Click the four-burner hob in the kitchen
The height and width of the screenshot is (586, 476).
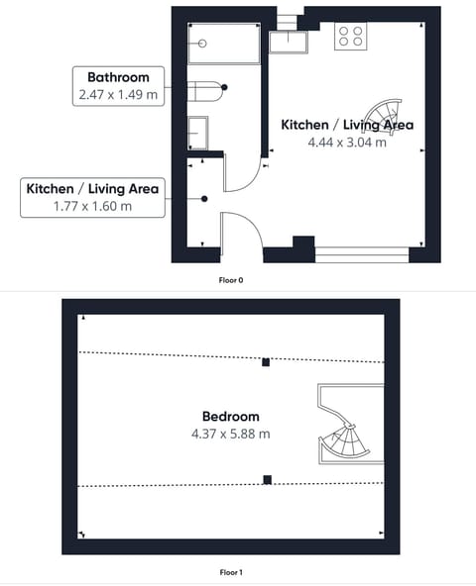(x=351, y=36)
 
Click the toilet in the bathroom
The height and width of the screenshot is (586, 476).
(x=206, y=89)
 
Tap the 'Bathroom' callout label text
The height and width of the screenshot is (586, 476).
(x=118, y=76)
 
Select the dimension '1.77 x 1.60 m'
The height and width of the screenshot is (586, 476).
(x=92, y=206)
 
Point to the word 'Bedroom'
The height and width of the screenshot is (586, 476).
(x=230, y=417)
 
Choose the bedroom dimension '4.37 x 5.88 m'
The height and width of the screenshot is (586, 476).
(x=230, y=434)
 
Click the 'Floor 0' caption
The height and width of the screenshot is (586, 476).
(x=231, y=280)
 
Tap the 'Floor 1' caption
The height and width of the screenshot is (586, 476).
(x=231, y=572)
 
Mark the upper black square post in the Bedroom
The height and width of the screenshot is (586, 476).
(x=266, y=362)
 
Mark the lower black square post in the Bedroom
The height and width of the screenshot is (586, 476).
(x=267, y=480)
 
